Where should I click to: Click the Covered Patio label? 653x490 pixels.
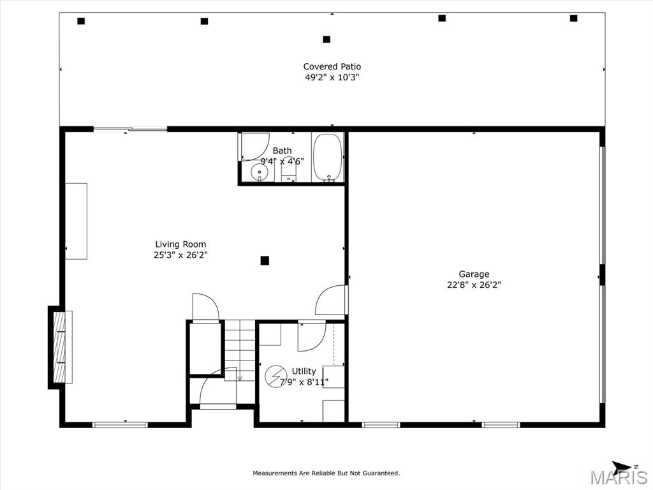(332, 66)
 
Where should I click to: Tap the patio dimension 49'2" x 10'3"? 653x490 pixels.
(332, 77)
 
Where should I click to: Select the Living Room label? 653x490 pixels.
(180, 244)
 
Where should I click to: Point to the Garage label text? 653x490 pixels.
(474, 274)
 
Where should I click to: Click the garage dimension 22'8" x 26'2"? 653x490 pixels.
(474, 285)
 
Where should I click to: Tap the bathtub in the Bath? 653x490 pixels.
(328, 158)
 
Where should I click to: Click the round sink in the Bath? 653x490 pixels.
(259, 172)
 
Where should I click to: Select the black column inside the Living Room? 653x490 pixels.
(265, 261)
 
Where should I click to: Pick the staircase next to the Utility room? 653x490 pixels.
(240, 350)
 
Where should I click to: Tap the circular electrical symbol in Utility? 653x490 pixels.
(275, 376)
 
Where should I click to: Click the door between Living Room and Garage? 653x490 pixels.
(332, 300)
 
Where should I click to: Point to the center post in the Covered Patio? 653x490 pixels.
(326, 39)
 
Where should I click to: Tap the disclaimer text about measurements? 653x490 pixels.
(326, 473)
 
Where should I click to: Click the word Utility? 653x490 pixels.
(304, 371)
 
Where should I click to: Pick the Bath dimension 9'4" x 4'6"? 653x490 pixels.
(282, 161)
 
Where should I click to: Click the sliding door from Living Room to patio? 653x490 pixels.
(130, 129)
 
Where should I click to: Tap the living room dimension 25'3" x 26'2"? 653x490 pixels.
(180, 255)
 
